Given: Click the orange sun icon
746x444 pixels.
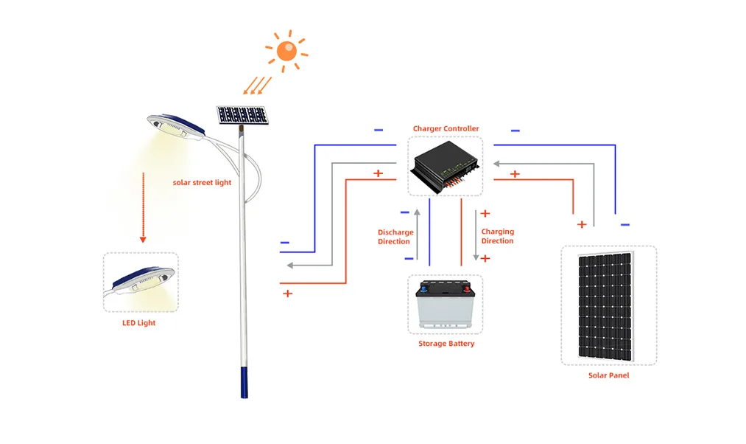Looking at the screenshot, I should tap(286, 51).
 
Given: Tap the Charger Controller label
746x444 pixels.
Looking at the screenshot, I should tap(446, 129).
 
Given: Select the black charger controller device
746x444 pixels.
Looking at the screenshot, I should tap(445, 167).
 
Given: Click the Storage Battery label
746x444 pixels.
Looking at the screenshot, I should tap(446, 344).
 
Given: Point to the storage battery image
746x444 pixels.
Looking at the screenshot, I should tap(446, 304).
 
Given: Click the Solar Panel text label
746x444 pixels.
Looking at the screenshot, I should tap(608, 375).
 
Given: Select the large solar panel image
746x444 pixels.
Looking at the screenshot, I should tap(608, 305).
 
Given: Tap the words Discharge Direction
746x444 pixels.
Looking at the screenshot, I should tap(395, 237).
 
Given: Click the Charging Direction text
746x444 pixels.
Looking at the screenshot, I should tap(498, 236).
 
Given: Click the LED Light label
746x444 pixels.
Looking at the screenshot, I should tap(138, 323).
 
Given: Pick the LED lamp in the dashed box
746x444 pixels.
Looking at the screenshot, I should tap(141, 284).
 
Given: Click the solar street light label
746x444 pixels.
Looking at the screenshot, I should tap(203, 182).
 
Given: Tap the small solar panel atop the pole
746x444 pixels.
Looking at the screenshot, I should tap(242, 115).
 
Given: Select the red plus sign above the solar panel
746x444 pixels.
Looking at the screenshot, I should tap(582, 223).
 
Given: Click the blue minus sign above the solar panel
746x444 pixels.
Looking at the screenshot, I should tap(625, 224).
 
